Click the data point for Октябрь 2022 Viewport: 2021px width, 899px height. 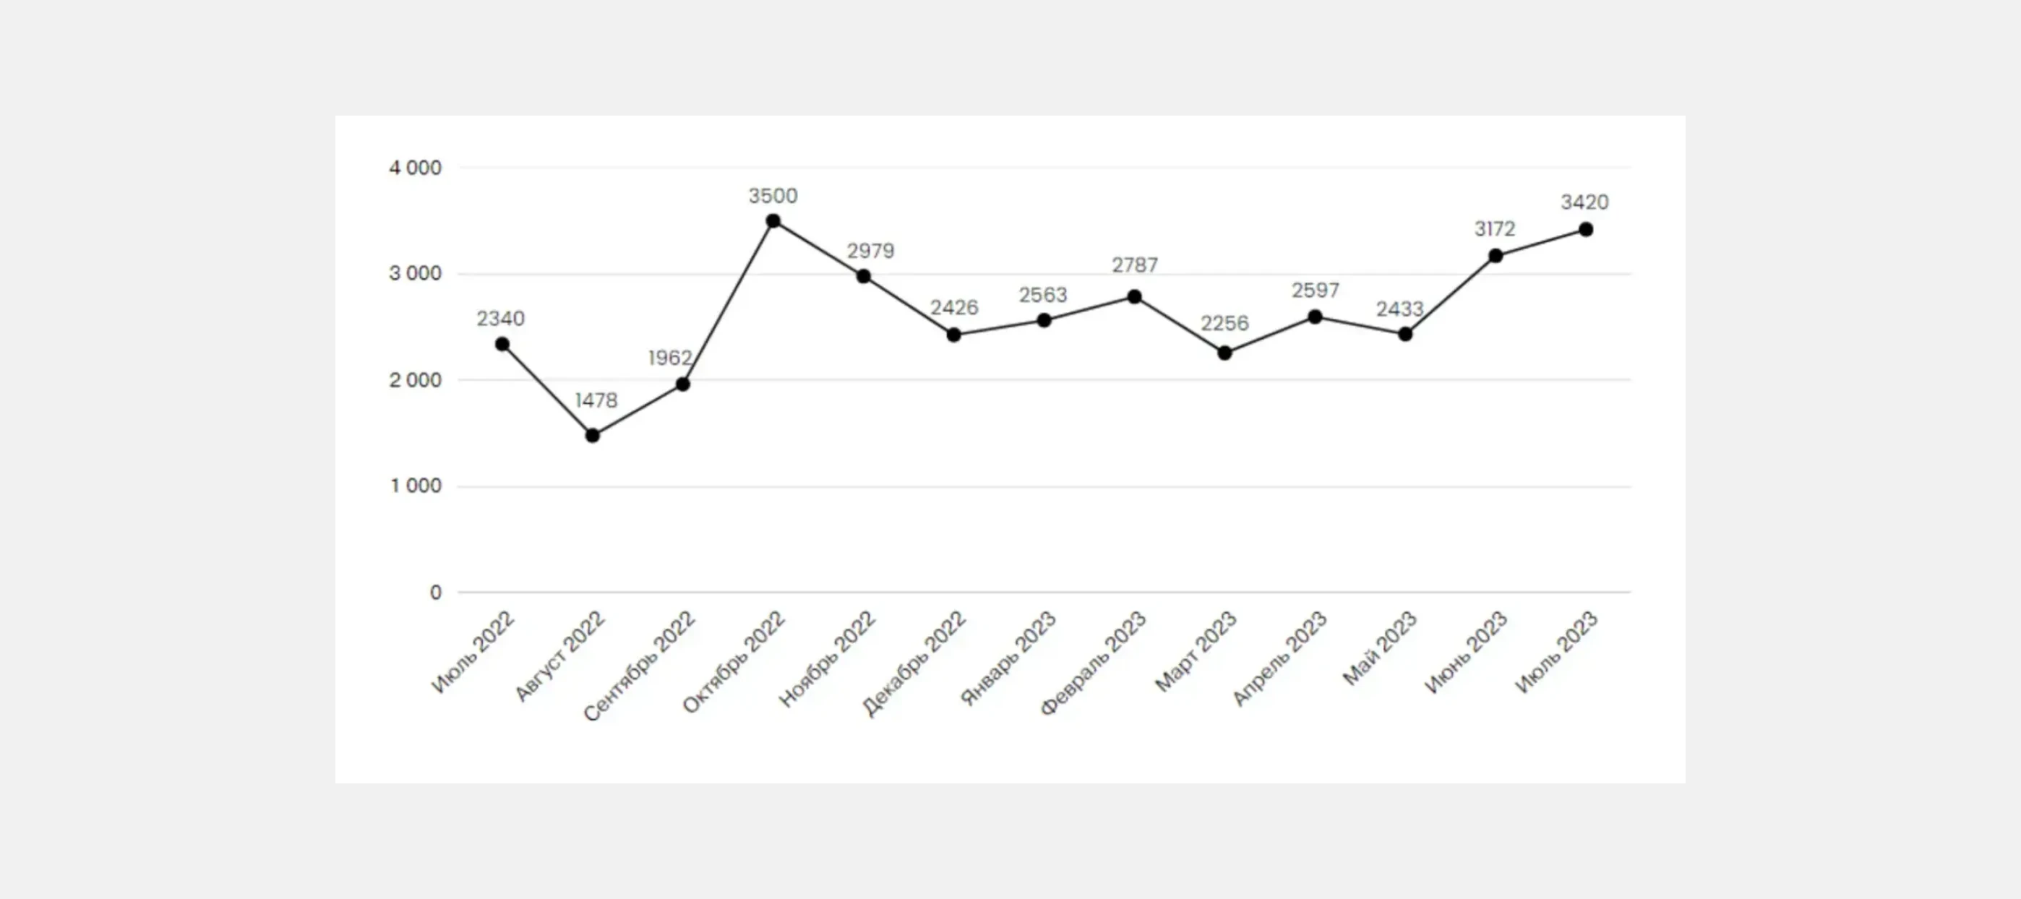tap(773, 221)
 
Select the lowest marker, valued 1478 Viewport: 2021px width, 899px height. tap(592, 435)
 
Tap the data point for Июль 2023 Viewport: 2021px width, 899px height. tap(1586, 230)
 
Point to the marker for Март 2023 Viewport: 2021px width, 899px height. tap(1224, 353)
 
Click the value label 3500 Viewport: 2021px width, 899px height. tap(773, 196)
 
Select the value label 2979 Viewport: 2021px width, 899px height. tap(870, 251)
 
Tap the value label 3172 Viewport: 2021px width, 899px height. tap(1495, 229)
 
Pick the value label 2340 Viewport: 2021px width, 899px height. tap(500, 319)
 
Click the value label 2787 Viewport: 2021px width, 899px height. tap(1134, 265)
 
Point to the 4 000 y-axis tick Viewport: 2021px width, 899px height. tap(415, 168)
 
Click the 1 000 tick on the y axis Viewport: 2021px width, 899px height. tap(416, 486)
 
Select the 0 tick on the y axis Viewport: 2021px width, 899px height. tap(435, 593)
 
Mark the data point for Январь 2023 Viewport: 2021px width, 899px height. tap(1044, 320)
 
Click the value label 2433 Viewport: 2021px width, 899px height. tap(1399, 309)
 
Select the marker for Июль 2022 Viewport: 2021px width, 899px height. tap(502, 345)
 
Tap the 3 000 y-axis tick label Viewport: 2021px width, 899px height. tap(415, 274)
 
